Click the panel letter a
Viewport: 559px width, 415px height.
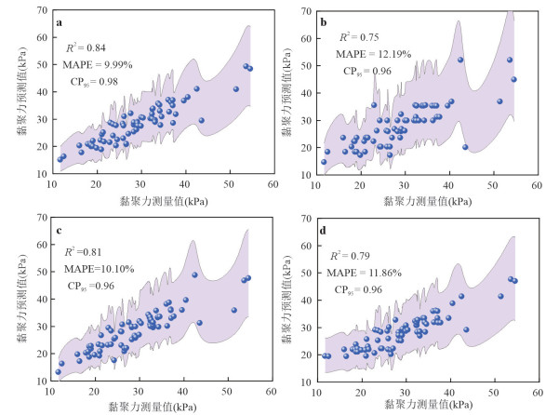60,22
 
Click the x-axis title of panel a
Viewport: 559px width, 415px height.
163,200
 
